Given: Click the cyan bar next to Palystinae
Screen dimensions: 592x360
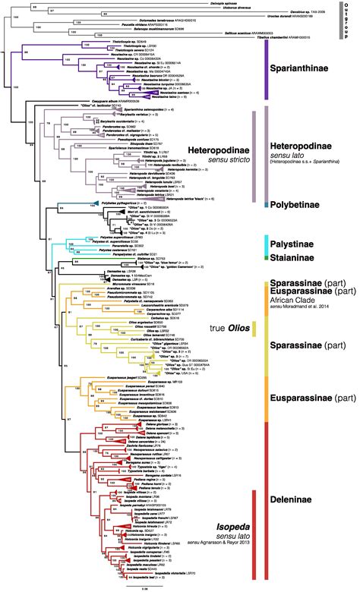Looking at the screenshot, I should coord(266,244).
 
